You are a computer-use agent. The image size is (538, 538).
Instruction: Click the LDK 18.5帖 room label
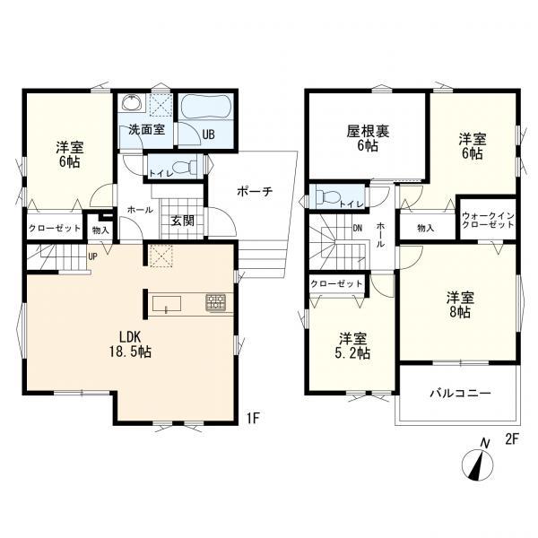click(130, 344)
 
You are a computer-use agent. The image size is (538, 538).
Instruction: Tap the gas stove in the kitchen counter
click(215, 303)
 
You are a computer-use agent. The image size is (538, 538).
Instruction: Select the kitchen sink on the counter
click(167, 304)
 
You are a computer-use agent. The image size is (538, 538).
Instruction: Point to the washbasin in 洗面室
click(132, 102)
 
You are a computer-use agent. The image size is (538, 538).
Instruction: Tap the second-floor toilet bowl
click(328, 197)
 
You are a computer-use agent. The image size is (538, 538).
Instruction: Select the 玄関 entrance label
click(183, 221)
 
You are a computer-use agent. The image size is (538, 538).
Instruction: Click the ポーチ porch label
click(255, 192)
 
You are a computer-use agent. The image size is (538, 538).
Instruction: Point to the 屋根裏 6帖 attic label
click(368, 139)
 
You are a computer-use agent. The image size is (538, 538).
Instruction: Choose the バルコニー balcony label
click(461, 394)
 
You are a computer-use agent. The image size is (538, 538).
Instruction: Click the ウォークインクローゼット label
click(488, 221)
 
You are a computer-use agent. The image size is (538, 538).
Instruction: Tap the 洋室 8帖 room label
click(461, 305)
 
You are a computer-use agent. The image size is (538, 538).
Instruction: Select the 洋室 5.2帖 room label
click(353, 346)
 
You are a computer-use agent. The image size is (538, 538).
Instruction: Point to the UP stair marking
click(92, 256)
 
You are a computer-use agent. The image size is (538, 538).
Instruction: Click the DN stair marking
click(358, 228)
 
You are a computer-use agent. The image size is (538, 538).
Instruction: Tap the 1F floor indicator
click(253, 418)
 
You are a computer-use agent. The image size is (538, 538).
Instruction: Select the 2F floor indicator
click(511, 439)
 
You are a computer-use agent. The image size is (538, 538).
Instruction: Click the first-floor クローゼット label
click(55, 228)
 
